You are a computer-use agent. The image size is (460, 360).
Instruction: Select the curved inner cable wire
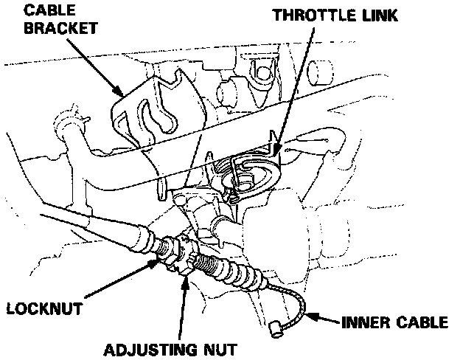tap(293, 302)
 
